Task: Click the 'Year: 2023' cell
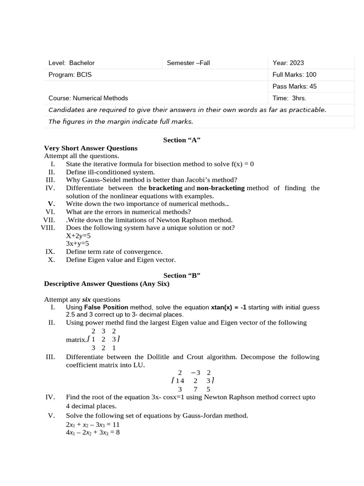[x=288, y=63]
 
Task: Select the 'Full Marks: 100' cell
[x=294, y=75]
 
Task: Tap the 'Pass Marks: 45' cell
[x=294, y=86]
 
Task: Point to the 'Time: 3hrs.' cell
[x=289, y=98]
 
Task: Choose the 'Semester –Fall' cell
[x=188, y=63]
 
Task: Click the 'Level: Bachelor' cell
[x=72, y=63]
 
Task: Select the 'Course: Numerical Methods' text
[x=88, y=98]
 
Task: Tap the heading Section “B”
[x=182, y=276]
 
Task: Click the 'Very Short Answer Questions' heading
[x=91, y=148]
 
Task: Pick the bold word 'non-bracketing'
[x=220, y=188]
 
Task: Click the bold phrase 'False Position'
[x=106, y=308]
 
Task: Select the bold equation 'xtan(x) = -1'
[x=228, y=308]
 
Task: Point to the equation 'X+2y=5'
[x=78, y=236]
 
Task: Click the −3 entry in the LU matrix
[x=195, y=373]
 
